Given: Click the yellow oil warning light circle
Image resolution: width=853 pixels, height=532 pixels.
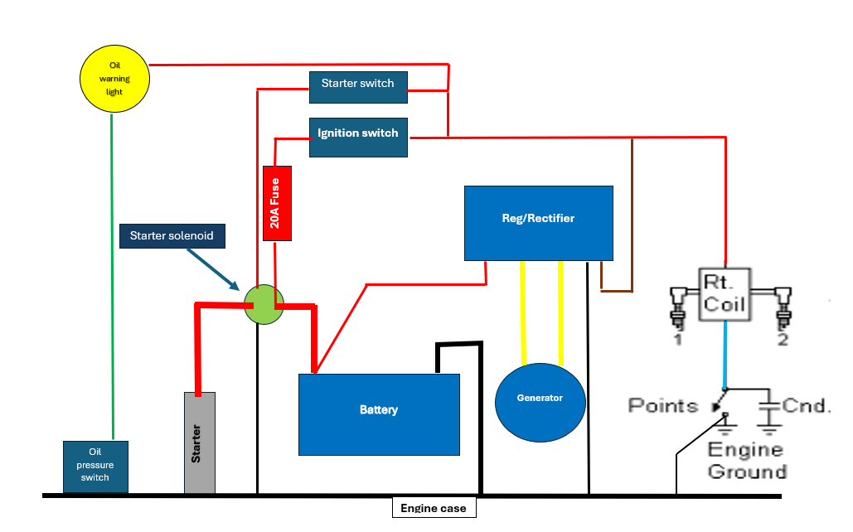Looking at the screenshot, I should pyautogui.click(x=115, y=78).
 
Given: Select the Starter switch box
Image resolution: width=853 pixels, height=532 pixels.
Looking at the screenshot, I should pyautogui.click(x=358, y=86).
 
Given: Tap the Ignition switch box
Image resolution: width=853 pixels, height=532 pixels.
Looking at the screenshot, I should pyautogui.click(x=358, y=136).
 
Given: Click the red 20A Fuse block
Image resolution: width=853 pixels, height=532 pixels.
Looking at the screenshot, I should pyautogui.click(x=277, y=203).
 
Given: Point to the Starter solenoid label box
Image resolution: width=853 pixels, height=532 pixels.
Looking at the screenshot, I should pyautogui.click(x=172, y=235).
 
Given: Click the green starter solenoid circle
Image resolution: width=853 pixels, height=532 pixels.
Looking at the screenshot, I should pyautogui.click(x=264, y=304).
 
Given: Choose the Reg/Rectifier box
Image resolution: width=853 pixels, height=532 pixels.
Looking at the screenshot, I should pyautogui.click(x=538, y=222).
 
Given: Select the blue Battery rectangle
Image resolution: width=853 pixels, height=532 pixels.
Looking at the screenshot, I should pyautogui.click(x=379, y=414).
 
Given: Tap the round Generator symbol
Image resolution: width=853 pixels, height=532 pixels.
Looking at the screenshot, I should pyautogui.click(x=540, y=401).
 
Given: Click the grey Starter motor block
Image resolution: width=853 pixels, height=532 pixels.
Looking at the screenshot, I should pyautogui.click(x=200, y=443).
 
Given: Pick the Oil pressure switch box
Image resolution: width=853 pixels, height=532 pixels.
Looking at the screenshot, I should pyautogui.click(x=95, y=467).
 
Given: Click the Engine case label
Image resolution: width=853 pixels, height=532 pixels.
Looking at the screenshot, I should pyautogui.click(x=434, y=508).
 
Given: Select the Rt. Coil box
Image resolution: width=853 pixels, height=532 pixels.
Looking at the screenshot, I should pyautogui.click(x=724, y=293).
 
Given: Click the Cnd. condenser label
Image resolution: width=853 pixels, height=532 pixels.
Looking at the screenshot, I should pyautogui.click(x=807, y=405).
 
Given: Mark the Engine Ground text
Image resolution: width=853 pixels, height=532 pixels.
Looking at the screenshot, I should pyautogui.click(x=745, y=461).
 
